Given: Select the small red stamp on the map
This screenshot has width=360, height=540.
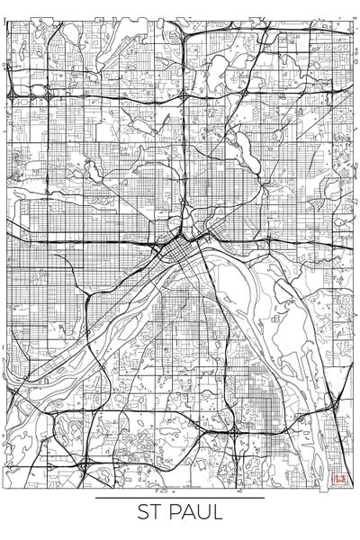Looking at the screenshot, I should pos(339,480).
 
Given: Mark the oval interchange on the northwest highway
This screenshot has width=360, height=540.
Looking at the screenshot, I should pos(39,93).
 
